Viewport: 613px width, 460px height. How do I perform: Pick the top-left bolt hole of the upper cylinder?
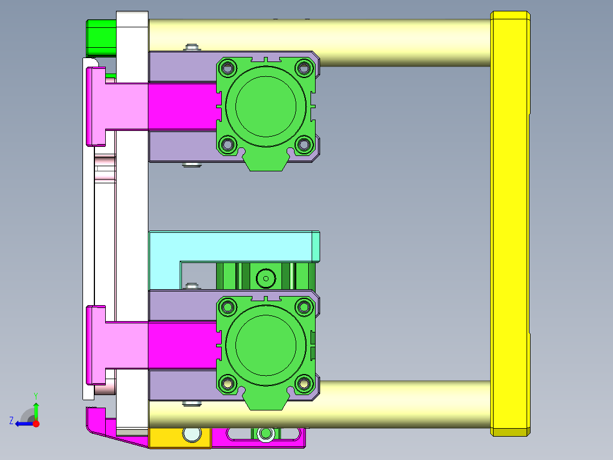coord(228,68)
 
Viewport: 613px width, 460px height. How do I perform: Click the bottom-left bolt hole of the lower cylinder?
coord(228,384)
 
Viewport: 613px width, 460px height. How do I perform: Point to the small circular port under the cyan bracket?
coord(265,279)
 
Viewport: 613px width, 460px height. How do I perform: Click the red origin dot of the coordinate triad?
coord(36,424)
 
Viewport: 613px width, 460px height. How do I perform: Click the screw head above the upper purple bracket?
coord(192,47)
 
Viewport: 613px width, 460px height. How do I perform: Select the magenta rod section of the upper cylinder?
coord(182,105)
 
